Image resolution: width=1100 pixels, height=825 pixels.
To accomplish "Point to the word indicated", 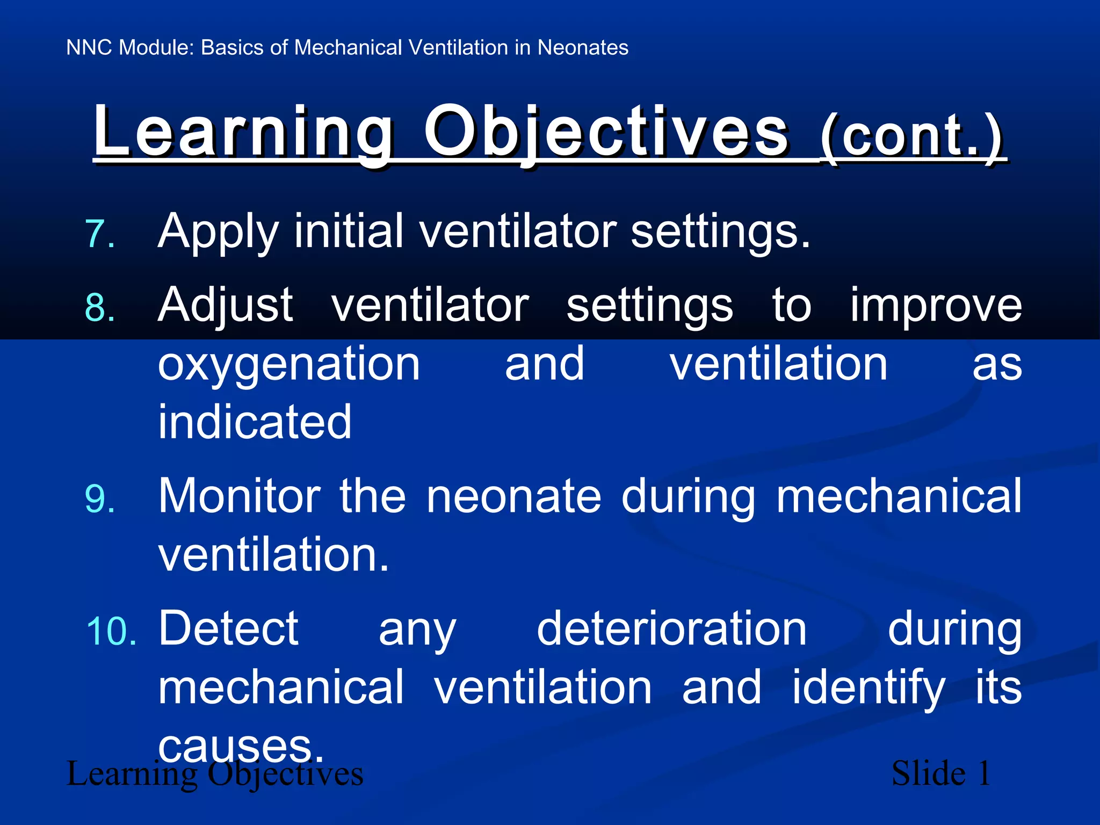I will (255, 422).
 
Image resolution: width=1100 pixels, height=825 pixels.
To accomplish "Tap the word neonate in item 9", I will (513, 497).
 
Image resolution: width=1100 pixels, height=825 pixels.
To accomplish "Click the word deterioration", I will (671, 629).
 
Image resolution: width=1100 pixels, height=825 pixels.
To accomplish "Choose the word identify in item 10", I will (868, 688).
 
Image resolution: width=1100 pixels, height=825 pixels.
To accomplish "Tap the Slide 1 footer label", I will (940, 773).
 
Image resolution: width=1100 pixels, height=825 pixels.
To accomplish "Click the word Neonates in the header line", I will (583, 48).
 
